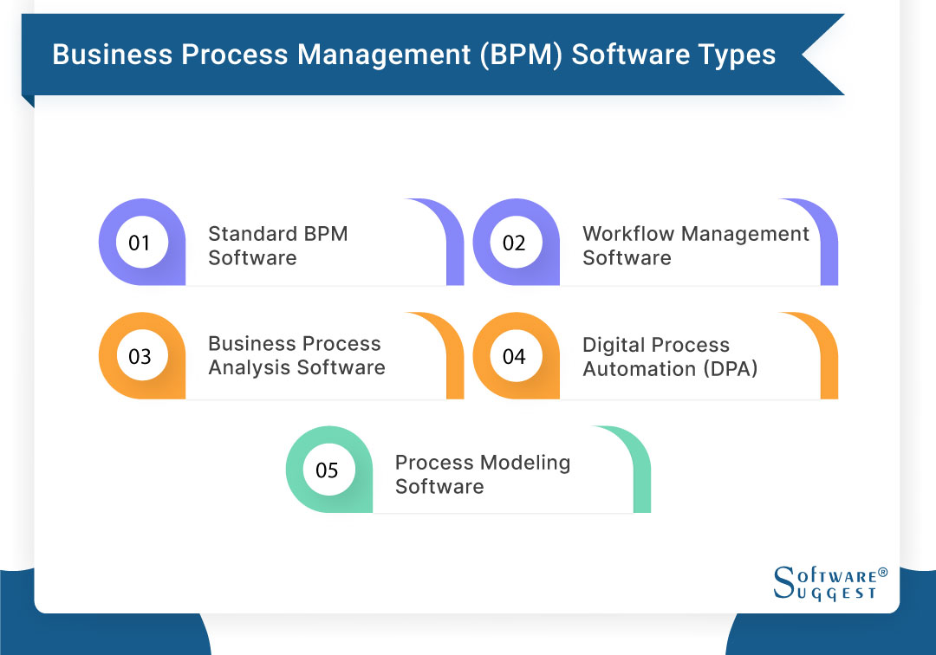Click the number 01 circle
click(140, 243)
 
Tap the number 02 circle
click(514, 243)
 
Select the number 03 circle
click(140, 356)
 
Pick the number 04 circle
click(514, 356)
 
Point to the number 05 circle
click(327, 470)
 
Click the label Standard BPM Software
click(277, 245)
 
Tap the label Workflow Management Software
click(695, 245)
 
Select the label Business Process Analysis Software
click(296, 355)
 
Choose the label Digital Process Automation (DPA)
click(670, 356)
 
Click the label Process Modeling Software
click(482, 474)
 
